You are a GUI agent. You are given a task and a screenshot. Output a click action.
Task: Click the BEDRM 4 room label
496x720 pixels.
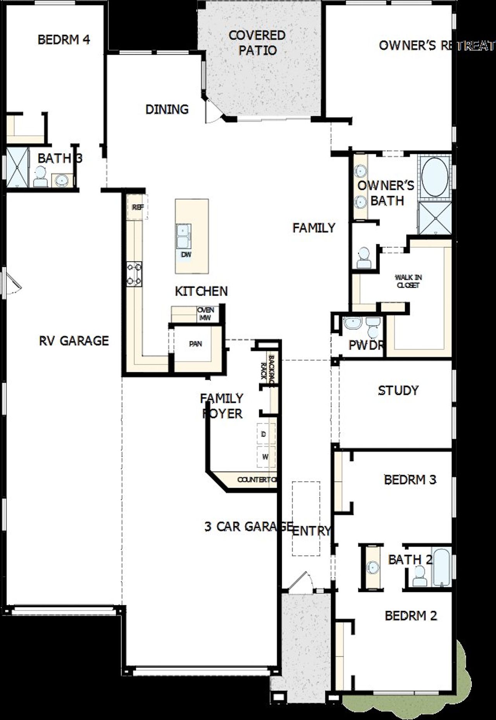point(64,40)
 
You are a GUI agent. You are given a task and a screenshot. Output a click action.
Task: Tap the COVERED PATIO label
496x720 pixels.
point(257,43)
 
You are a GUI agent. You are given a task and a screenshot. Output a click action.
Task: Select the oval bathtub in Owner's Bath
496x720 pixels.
point(435,178)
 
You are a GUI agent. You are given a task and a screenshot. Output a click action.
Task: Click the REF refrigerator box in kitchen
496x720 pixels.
point(138,207)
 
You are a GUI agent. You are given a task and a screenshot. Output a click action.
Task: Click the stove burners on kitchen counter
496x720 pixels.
point(134,274)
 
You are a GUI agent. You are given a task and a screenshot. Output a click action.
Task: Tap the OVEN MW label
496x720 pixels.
point(205,314)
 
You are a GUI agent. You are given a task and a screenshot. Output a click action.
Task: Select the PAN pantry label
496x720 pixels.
point(195,344)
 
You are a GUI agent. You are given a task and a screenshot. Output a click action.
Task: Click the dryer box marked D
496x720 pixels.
point(265,434)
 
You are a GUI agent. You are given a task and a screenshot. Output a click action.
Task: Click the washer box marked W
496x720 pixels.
point(265,457)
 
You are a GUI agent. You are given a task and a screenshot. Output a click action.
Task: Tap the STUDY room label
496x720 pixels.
point(398,390)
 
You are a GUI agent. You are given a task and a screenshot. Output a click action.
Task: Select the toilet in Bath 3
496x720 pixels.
point(40,177)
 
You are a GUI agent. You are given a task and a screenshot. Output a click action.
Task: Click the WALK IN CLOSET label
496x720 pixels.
point(408,281)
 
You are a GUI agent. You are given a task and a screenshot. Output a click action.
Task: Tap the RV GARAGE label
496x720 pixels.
point(74,340)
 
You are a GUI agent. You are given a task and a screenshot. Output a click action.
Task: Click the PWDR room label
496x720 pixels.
point(366,345)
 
